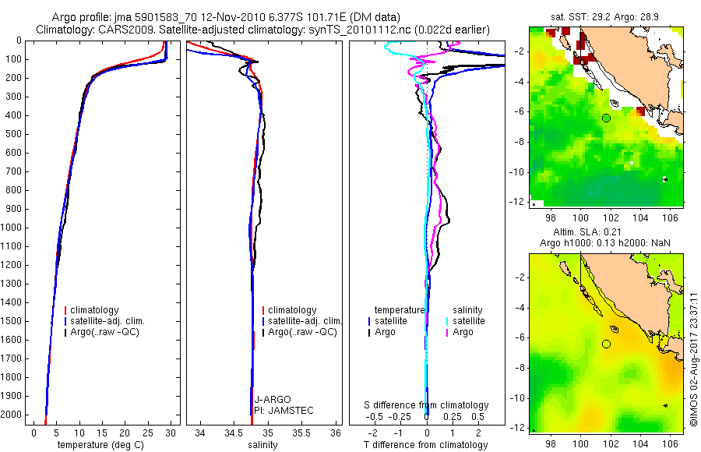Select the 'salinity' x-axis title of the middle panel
(262, 445)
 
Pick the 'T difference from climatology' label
(426, 445)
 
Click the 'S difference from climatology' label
(426, 405)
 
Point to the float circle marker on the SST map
(606, 118)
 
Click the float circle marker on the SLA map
(606, 344)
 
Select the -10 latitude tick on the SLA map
(519, 397)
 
